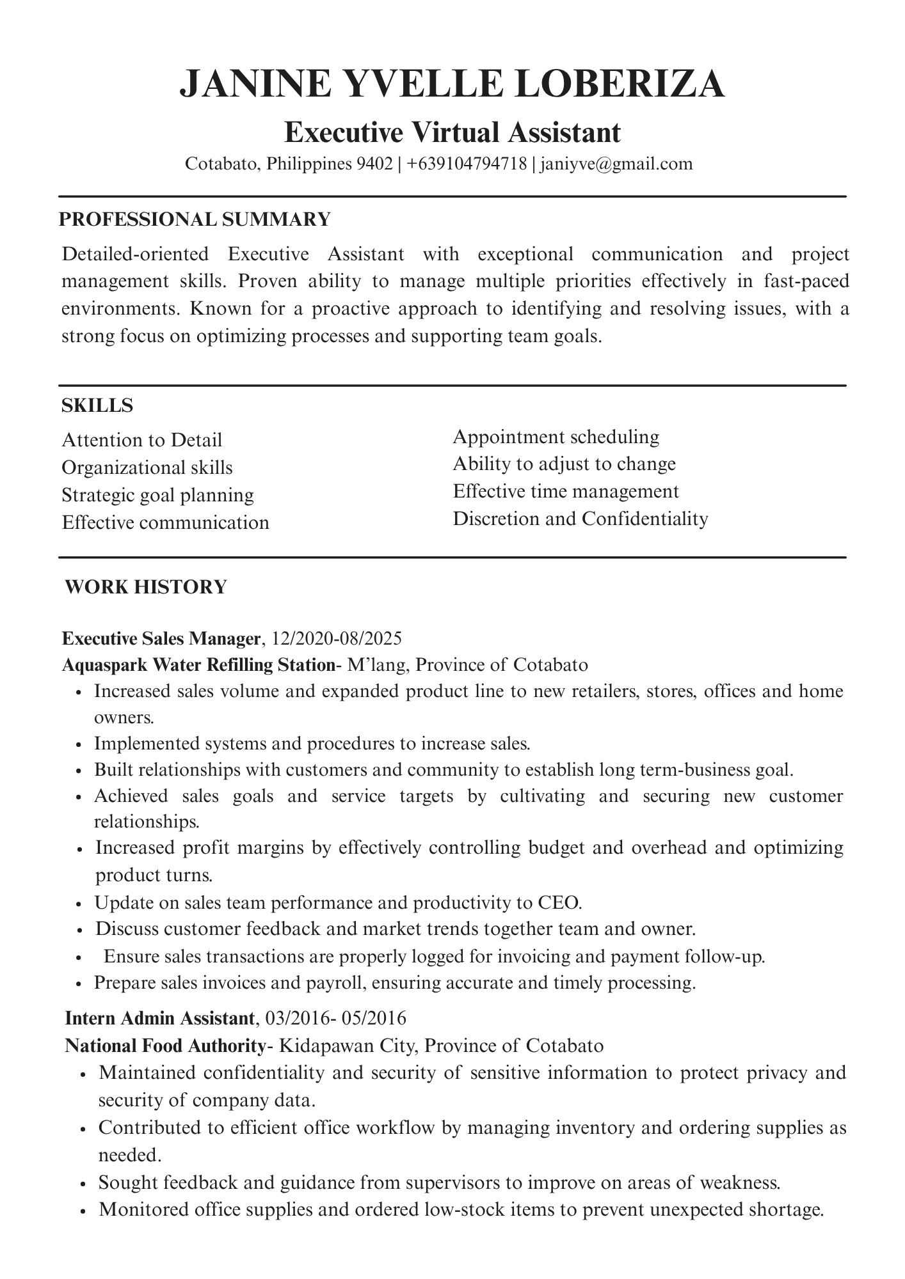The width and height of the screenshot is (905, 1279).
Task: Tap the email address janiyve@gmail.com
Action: coord(616,164)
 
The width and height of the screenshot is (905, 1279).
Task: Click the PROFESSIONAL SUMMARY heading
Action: coord(195,219)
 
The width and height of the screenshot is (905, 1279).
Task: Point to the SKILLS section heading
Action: coord(97,405)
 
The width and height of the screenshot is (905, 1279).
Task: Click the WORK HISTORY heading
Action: coord(146,587)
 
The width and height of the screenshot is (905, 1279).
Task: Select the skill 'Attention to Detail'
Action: coord(142,440)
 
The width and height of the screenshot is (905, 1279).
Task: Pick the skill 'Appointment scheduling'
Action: coord(556,437)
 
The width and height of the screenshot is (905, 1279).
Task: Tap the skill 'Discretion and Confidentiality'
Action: coord(580,519)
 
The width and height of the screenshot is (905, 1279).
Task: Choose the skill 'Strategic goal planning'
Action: coord(158,495)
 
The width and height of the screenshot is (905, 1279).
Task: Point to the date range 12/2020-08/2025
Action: coord(336,638)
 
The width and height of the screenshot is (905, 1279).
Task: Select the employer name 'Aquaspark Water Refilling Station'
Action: coord(198,665)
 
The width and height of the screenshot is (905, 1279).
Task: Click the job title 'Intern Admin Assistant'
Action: coord(159,1017)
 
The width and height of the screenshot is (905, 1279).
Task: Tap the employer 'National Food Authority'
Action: coord(165,1046)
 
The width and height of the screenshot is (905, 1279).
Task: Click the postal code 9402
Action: coord(374,164)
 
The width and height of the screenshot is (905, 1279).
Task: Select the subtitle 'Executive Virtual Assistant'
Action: coord(452,133)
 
